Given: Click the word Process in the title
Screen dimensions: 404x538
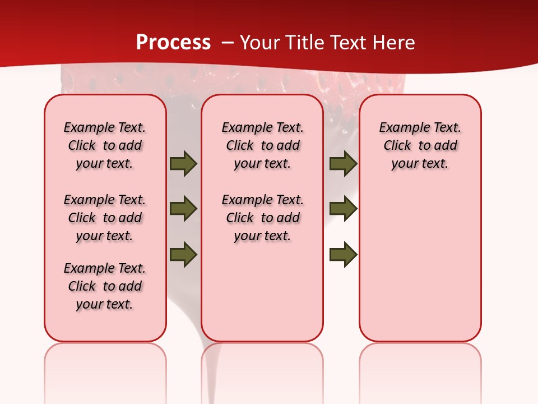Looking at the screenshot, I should point(173,43).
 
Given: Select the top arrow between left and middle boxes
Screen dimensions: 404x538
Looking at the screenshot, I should point(183,163).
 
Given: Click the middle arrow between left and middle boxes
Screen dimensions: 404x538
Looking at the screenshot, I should point(183,209).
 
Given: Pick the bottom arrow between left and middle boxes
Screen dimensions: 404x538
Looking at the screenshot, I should point(183,255).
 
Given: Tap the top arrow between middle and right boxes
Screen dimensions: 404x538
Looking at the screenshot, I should point(343,163).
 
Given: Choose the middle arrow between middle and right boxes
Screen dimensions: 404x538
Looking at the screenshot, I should point(343,209).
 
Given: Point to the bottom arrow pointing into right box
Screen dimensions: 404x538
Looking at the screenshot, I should point(343,255).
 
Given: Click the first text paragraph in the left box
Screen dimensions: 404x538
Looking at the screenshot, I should point(105,145).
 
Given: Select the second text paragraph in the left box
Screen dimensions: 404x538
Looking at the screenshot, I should point(105,218).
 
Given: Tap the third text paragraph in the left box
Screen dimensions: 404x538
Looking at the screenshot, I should point(105,286).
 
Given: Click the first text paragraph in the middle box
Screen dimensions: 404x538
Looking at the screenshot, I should point(262,145).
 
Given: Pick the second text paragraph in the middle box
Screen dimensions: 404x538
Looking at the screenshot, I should point(262,218).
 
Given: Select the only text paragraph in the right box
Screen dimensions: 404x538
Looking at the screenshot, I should point(420,145).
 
